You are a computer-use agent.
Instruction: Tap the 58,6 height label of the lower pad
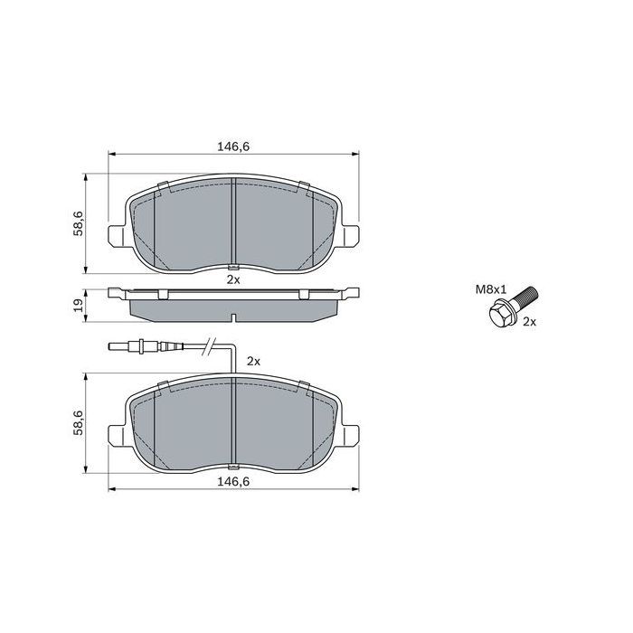pos(78,423)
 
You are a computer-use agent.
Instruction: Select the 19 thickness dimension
pos(78,305)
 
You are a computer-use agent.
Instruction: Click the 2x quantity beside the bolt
pos(531,322)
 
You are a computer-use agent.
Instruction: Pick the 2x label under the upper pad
pos(233,281)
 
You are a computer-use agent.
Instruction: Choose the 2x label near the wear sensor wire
pos(253,361)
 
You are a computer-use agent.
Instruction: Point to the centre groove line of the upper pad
pos(233,222)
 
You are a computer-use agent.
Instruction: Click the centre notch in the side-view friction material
pos(233,316)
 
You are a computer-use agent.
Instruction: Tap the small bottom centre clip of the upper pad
pos(233,268)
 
